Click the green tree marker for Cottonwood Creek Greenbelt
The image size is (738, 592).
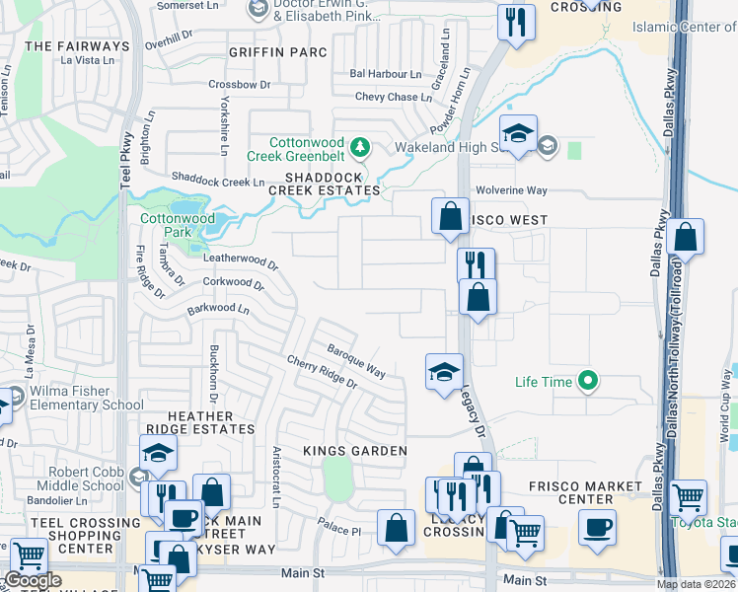pos(361,148)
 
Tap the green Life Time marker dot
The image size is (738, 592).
pos(589,380)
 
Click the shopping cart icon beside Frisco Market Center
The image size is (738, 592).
pos(688,497)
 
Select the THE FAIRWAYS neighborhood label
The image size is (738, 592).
pos(77,46)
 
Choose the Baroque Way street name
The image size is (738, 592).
pos(356,359)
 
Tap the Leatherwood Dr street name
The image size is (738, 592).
pos(241,262)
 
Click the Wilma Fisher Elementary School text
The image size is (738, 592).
pos(87,398)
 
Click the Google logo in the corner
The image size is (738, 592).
pos(33,580)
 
